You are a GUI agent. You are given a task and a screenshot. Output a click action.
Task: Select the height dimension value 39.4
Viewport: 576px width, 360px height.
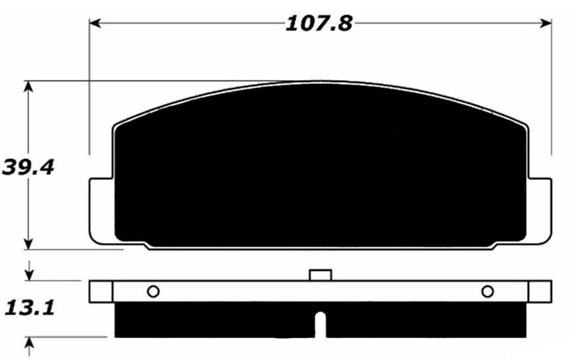pos(28,166)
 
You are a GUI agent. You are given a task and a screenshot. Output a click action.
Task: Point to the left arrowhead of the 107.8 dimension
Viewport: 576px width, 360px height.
pos(94,23)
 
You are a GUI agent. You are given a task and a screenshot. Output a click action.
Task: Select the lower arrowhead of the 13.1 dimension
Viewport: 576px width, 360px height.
pos(28,343)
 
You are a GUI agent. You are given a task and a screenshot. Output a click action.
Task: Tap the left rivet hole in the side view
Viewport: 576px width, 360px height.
pos(153,291)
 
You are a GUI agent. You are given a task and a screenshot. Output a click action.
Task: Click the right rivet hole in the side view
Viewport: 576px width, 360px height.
pos(487,291)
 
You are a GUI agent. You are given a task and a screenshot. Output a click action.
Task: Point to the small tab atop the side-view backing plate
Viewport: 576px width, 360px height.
pos(320,275)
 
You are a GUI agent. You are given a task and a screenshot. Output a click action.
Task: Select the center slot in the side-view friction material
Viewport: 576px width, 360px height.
pos(320,324)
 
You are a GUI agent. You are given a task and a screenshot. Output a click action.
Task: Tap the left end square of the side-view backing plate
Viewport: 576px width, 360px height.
pos(101,291)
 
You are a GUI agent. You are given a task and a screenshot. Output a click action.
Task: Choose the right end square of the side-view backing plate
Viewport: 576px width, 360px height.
pos(540,291)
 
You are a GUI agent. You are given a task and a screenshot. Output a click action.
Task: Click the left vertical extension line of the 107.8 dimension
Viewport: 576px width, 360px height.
pos(89,86)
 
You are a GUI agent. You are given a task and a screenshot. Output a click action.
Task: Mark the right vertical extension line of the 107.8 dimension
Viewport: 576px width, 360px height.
pos(552,86)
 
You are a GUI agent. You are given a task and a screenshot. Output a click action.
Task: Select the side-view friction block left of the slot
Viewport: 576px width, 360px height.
pos(212,320)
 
